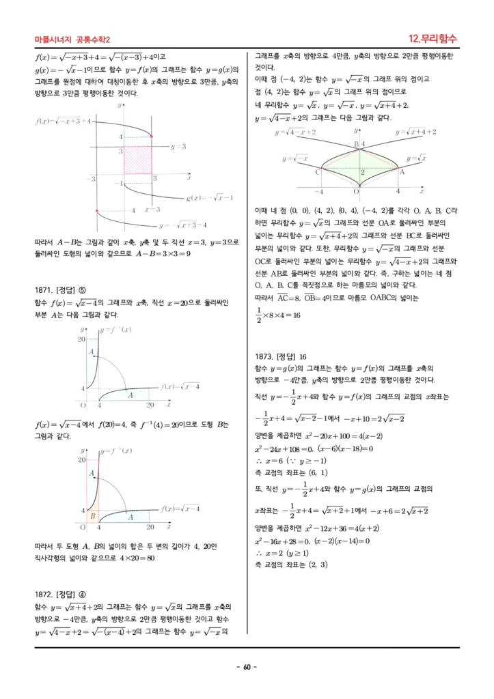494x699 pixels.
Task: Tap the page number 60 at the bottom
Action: [246, 667]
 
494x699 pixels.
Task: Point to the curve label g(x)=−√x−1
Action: [210, 198]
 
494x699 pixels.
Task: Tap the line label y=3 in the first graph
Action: [178, 146]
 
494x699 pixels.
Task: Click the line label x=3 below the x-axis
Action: [152, 210]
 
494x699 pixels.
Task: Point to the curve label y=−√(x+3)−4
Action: [182, 225]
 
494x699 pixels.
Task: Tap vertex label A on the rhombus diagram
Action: [402, 172]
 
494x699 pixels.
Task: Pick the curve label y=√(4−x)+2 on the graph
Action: [295, 132]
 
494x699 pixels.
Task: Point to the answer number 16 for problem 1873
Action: [303, 356]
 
